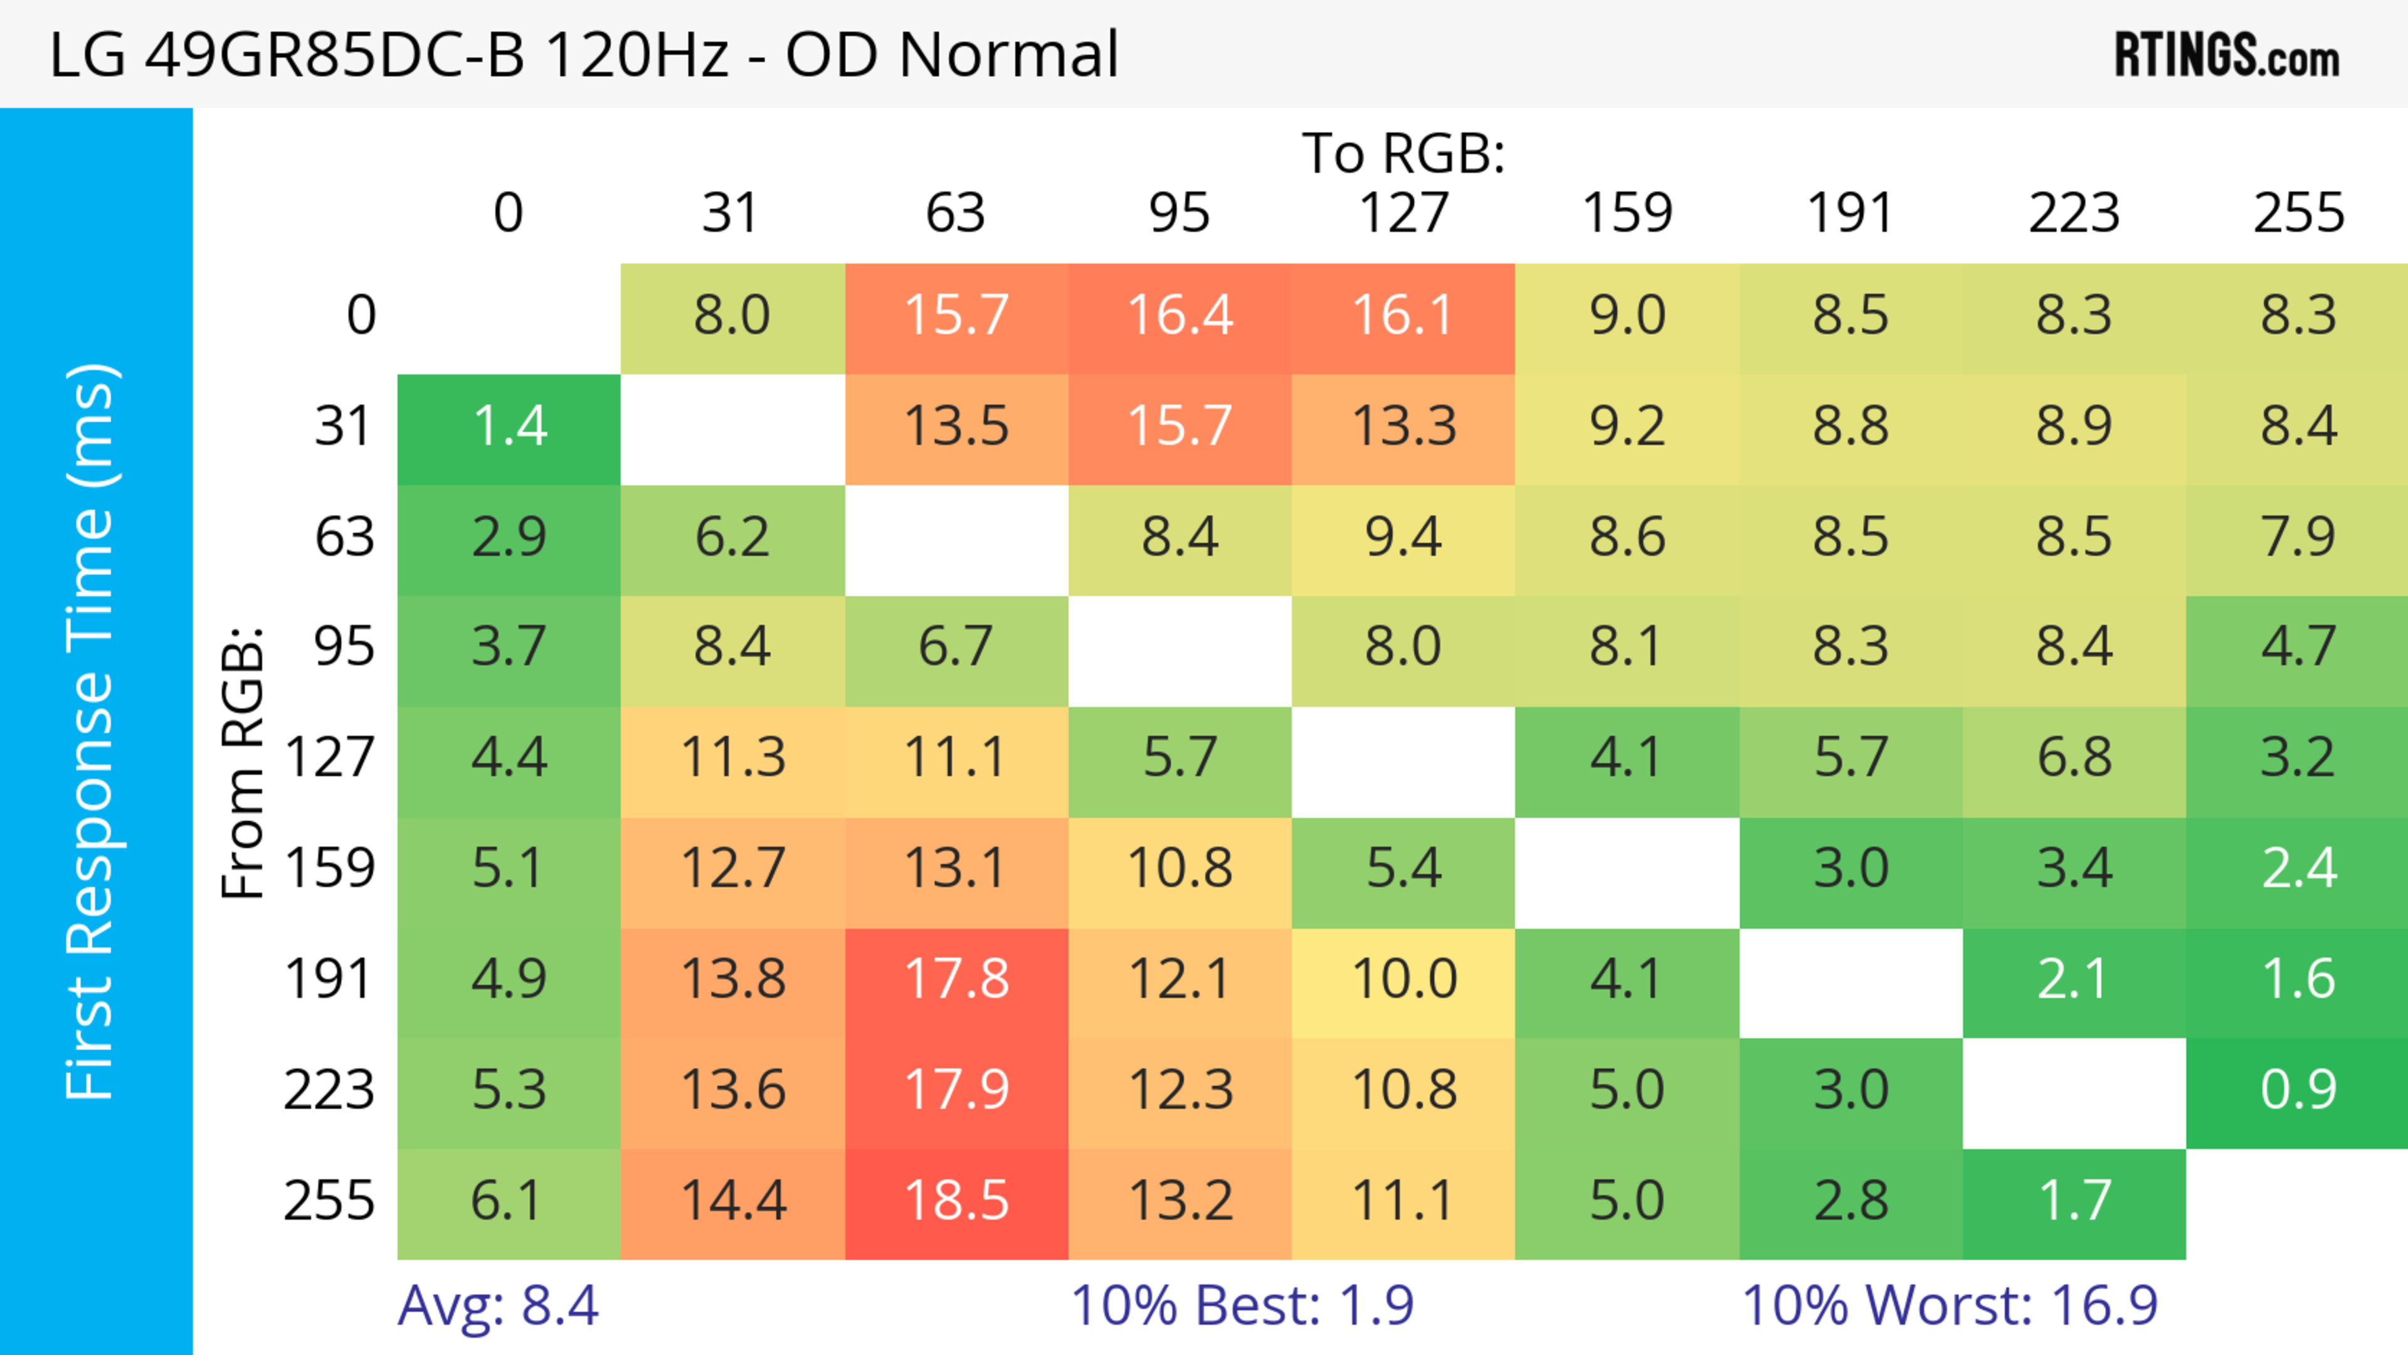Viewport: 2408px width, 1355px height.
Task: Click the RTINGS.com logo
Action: pos(2227,54)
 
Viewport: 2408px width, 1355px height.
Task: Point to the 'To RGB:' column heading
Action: pos(1403,153)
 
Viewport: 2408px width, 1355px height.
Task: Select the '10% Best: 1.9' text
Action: pos(1242,1305)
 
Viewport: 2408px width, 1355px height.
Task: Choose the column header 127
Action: pos(1403,213)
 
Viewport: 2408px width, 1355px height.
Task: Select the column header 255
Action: pos(2298,213)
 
